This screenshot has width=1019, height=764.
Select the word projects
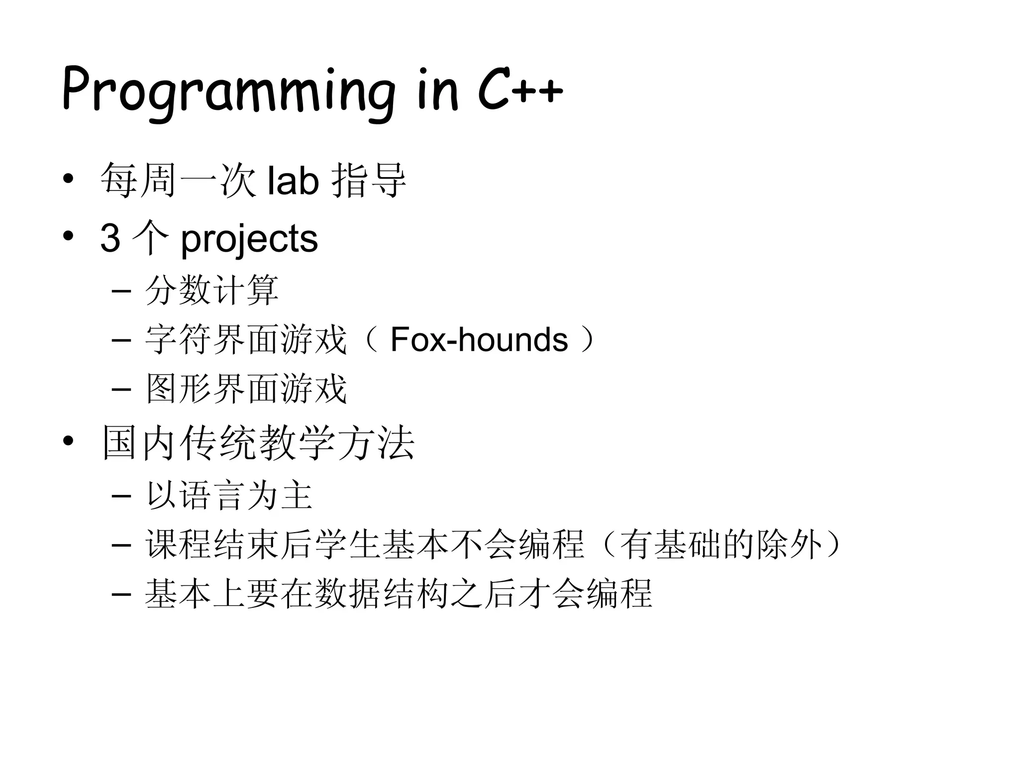tap(249, 239)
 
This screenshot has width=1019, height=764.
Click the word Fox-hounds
tap(479, 340)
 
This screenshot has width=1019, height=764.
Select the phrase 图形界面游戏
tap(246, 389)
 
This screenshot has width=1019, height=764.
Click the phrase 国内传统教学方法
tap(258, 443)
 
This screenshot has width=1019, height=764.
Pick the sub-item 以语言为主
tap(229, 495)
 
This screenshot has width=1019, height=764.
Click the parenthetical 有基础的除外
tap(721, 545)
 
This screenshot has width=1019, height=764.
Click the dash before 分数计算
tap(121, 291)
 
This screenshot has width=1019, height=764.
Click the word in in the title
tap(437, 92)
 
